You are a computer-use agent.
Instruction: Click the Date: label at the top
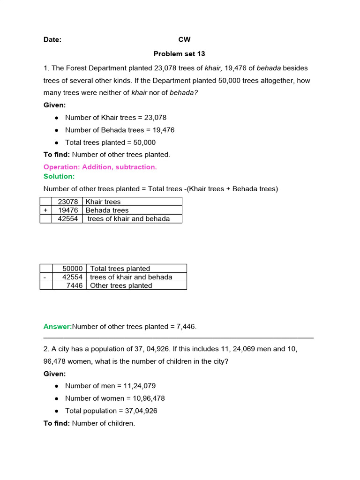(x=52, y=40)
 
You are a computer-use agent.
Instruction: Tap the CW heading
(x=184, y=40)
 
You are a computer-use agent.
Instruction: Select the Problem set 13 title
(x=180, y=54)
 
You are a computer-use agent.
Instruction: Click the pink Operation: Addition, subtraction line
(x=100, y=167)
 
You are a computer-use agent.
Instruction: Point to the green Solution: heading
(x=59, y=176)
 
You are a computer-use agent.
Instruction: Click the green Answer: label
(x=58, y=326)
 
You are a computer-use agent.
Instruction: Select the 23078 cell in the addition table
(x=67, y=202)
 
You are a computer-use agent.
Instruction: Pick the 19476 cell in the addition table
(x=67, y=210)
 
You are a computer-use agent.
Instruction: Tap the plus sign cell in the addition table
(x=45, y=210)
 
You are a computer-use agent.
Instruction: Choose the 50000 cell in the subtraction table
(x=72, y=269)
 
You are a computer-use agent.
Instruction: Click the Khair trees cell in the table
(x=103, y=202)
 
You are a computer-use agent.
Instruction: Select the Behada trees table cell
(x=107, y=210)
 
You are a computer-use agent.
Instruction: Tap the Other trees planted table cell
(x=121, y=285)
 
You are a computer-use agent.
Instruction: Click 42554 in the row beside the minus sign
(x=72, y=277)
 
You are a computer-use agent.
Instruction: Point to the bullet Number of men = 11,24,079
(x=110, y=386)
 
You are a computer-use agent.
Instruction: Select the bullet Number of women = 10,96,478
(x=115, y=398)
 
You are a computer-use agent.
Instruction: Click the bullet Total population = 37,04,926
(x=111, y=411)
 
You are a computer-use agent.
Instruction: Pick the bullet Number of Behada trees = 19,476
(x=120, y=130)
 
